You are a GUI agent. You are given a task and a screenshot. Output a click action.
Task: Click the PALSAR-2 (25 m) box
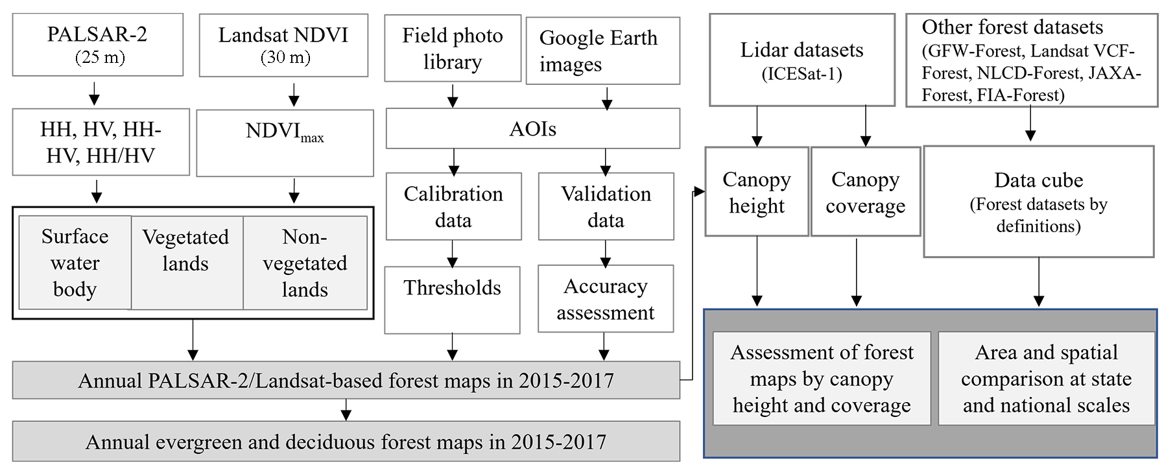(97, 45)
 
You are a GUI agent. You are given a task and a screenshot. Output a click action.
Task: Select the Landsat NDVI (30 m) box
(283, 45)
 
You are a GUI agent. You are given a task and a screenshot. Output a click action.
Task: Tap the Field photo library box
(453, 49)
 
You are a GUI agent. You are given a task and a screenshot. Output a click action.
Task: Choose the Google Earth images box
(602, 51)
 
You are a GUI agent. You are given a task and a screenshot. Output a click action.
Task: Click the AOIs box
(532, 128)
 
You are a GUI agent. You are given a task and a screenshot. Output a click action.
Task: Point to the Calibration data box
(453, 206)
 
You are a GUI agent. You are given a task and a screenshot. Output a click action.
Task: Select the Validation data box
(606, 206)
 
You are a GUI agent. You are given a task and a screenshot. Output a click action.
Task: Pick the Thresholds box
(452, 300)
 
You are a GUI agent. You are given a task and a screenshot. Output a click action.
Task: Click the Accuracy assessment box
(605, 299)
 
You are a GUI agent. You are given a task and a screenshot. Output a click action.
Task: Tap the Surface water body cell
(75, 263)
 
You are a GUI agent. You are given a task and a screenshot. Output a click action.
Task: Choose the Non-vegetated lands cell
(305, 263)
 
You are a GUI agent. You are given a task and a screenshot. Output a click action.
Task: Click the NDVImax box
(285, 143)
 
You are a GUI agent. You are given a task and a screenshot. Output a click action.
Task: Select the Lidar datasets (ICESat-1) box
(801, 60)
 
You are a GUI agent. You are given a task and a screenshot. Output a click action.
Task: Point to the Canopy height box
(757, 192)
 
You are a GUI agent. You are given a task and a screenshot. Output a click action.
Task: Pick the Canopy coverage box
(865, 192)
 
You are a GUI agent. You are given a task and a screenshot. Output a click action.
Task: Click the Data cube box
(1038, 202)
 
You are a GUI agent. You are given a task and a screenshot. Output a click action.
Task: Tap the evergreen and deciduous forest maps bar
(346, 442)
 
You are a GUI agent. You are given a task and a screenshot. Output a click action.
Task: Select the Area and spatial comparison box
(1046, 379)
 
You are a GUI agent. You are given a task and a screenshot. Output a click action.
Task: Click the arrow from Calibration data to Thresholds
(453, 254)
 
